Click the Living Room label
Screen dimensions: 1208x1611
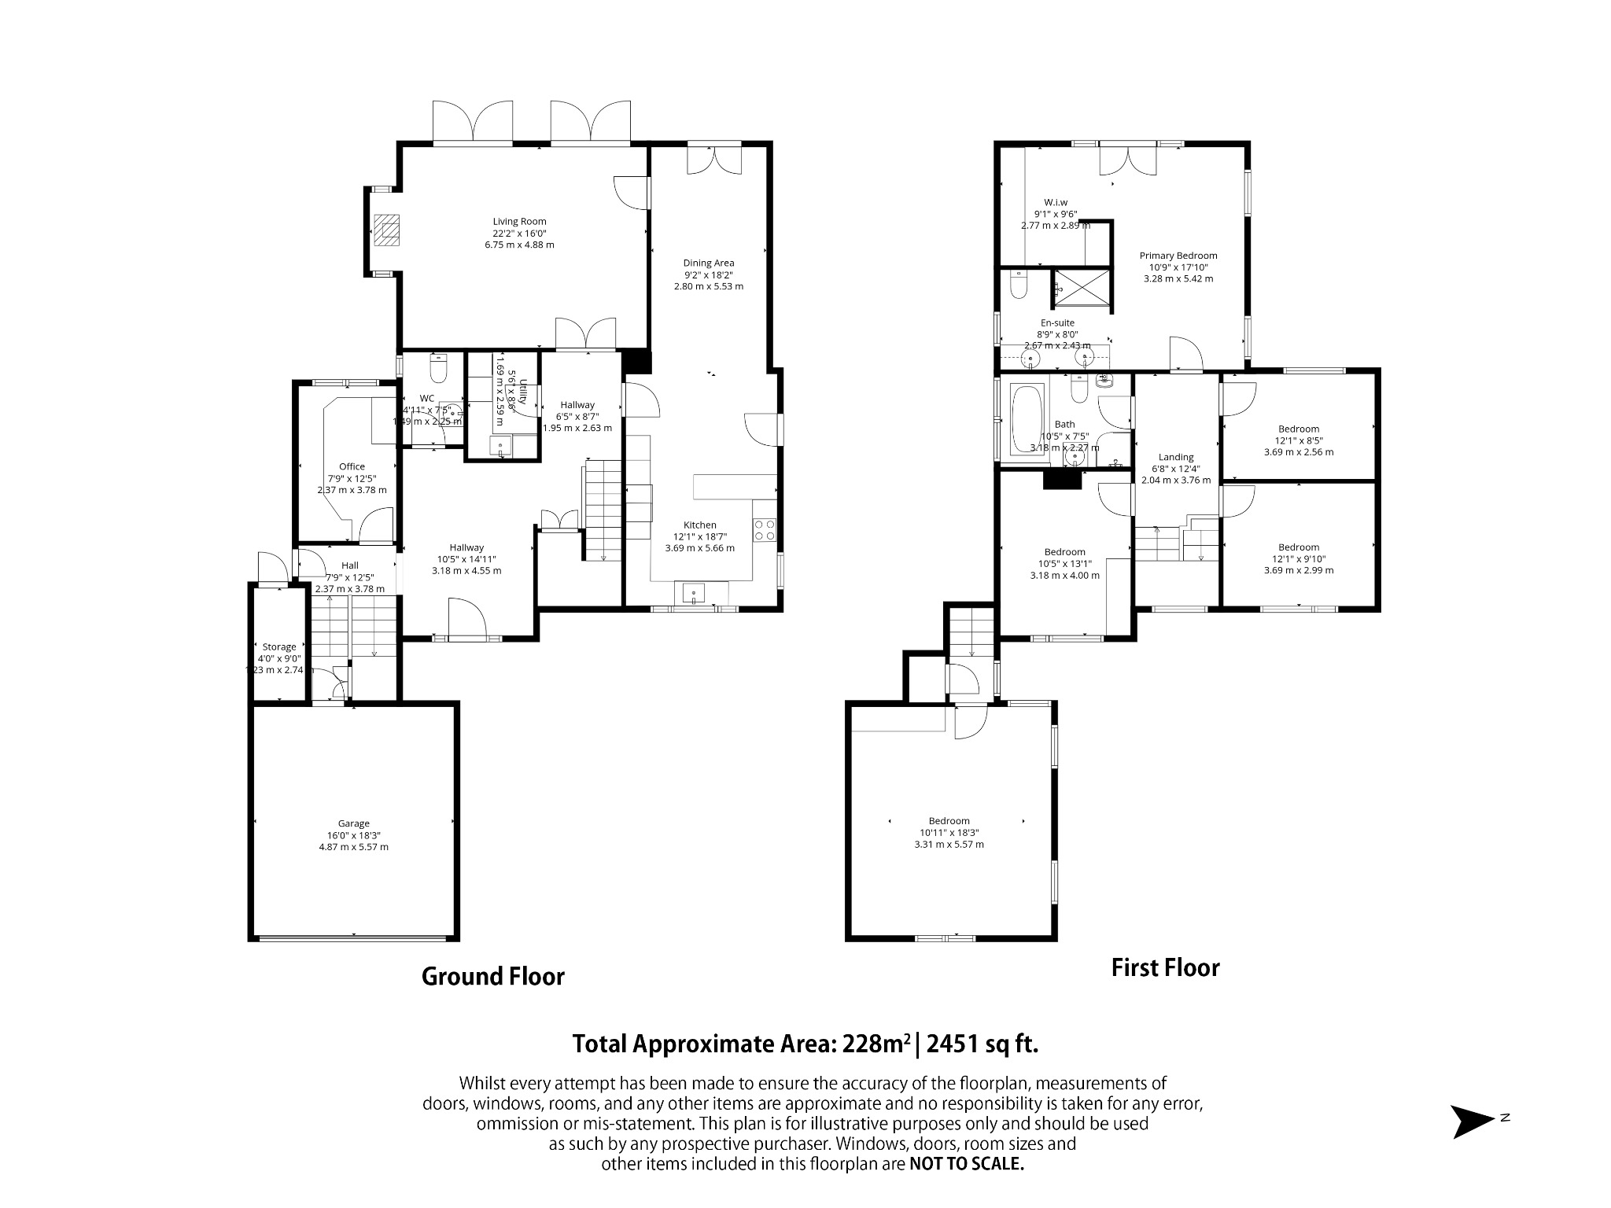[x=519, y=222]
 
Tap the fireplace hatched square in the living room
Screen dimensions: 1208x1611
[x=386, y=230]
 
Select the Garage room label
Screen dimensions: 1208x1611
[x=353, y=823]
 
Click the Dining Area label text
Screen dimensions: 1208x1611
[x=708, y=263]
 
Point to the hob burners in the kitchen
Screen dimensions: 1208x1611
[x=765, y=530]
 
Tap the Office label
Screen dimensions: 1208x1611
[x=352, y=466]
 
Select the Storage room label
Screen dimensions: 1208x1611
[x=279, y=647]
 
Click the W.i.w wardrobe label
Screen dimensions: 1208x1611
[x=1056, y=202]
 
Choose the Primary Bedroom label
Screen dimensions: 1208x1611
[x=1178, y=256]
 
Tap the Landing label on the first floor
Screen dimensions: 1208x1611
[x=1176, y=457]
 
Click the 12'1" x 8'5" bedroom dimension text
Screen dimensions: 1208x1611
[x=1299, y=440]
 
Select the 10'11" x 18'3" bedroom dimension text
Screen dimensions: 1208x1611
[x=949, y=833]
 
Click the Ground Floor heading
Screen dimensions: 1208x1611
[x=493, y=976]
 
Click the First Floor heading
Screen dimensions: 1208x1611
[x=1165, y=967]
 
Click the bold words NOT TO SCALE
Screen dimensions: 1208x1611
[x=967, y=1164]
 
